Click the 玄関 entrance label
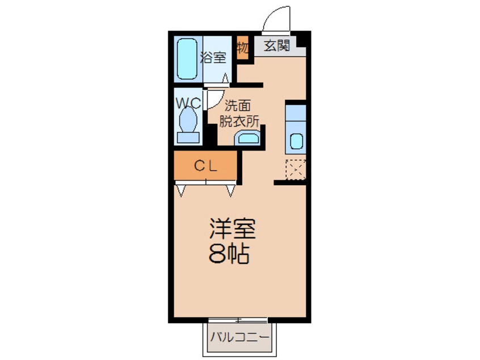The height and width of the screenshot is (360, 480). [277, 46]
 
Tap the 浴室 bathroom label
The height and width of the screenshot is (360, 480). [213, 57]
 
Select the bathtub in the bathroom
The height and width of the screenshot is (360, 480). [186, 58]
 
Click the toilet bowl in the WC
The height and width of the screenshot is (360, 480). [187, 120]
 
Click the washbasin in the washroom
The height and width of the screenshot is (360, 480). [247, 138]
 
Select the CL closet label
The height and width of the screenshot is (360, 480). [207, 166]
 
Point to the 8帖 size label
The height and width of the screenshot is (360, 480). [229, 255]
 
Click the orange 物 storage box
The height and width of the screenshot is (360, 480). [243, 49]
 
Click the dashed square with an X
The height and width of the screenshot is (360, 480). [296, 169]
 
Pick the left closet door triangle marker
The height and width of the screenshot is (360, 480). [181, 190]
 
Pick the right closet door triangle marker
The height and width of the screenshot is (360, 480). [230, 190]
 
